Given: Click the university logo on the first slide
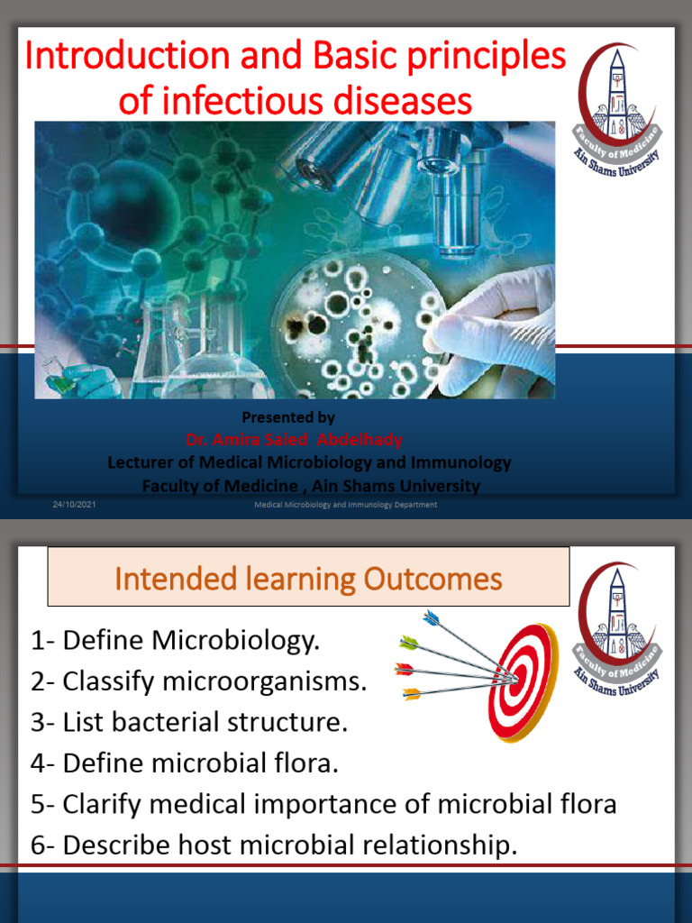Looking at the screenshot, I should coord(617,109).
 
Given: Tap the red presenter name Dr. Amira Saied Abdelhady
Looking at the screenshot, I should coord(294,440).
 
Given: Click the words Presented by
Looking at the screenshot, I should coord(288,417).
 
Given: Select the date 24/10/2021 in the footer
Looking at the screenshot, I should coord(74,505).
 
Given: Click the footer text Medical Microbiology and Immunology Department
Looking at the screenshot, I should coord(345,505).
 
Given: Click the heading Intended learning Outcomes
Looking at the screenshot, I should coord(308,578).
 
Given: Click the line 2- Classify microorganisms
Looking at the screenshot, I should coord(199,682).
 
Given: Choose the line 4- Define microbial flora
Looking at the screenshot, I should coord(185,763).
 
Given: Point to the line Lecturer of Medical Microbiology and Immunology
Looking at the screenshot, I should coord(309,462).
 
